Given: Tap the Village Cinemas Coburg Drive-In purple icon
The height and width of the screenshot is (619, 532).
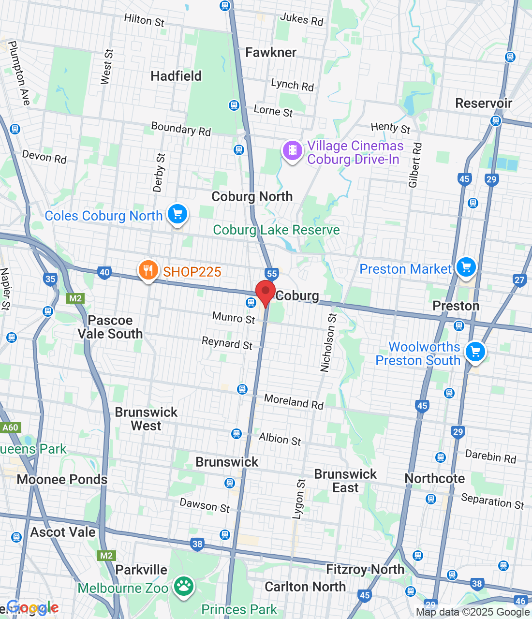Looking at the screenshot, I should pos(292,150).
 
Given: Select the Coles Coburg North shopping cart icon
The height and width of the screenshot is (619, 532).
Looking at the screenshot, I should pos(177,214).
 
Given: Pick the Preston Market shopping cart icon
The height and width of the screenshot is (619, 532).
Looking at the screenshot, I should pos(466,267).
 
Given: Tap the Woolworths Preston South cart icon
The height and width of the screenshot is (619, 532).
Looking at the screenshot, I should pos(475,352).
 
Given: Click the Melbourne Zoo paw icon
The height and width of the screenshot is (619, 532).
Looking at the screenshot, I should pos(184,587).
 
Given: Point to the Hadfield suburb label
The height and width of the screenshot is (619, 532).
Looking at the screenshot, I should pos(176,76).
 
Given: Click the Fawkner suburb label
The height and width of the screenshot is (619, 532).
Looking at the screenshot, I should pos(271,52).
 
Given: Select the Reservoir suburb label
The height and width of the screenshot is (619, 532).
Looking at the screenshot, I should pos(484,103).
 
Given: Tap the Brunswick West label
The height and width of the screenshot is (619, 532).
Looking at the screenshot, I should pos(146,419).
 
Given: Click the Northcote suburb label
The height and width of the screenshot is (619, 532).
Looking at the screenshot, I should pos(434,478).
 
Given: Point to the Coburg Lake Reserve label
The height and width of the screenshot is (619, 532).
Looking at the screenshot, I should pos(276,230).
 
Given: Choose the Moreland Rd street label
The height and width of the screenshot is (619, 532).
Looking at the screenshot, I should pos(294,401).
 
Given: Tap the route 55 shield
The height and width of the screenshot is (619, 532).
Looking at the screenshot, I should pos(272,274).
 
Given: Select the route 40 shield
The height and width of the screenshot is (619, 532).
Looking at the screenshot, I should pos(104,272).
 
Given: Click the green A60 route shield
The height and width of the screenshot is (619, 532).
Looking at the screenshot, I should pos(10,427).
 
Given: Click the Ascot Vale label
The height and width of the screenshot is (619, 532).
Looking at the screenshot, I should pos(63,532).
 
